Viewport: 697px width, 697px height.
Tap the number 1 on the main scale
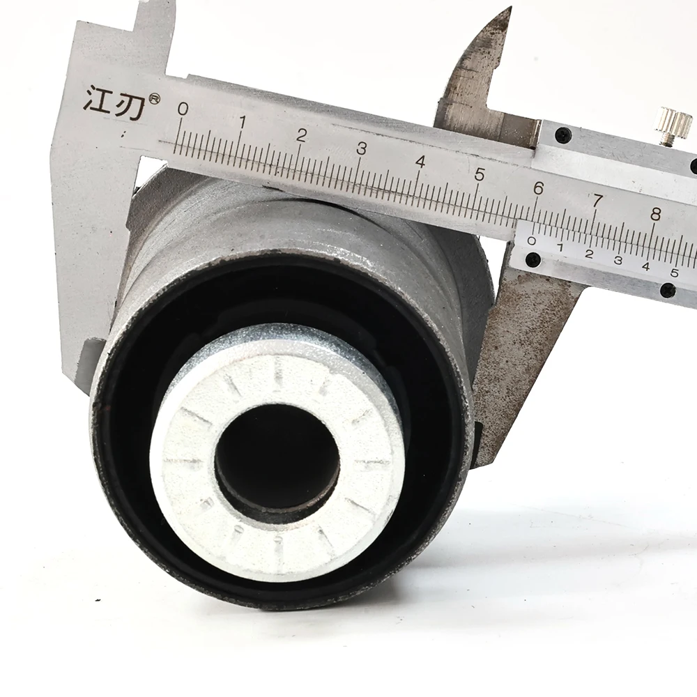pos(243,122)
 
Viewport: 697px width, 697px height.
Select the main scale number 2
pos(301,136)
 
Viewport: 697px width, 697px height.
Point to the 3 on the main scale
pos(361,148)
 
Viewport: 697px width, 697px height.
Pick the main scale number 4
pos(420,162)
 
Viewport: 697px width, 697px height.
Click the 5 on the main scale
pos(480,175)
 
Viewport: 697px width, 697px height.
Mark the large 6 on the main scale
pos(538,188)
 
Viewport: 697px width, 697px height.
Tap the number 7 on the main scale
pos(597,201)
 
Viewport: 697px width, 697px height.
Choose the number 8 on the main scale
pos(656,214)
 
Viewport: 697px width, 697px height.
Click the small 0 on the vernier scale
pos(531,241)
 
